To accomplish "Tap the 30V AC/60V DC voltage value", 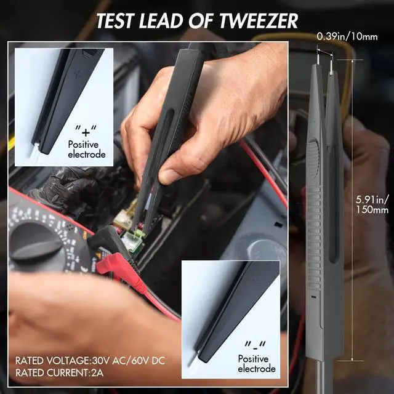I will [x=128, y=360].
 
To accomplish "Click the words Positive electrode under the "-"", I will [x=256, y=363].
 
